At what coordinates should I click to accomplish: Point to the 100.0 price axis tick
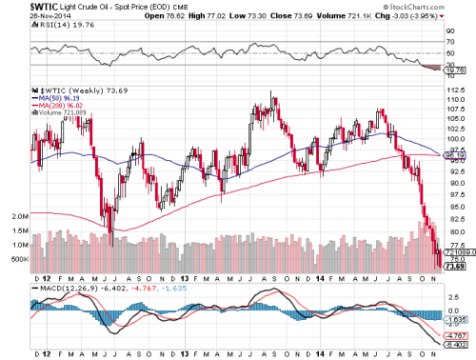click(458, 139)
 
